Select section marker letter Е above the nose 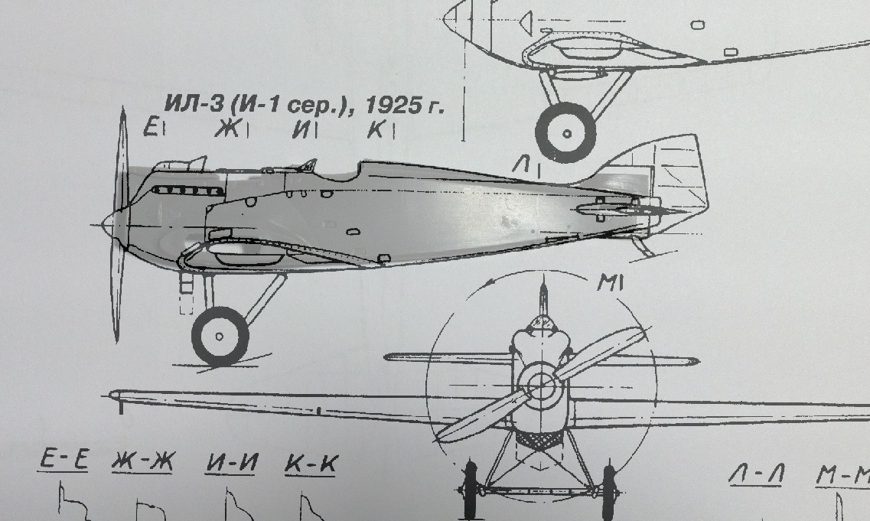click(152, 126)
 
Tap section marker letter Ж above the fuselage click(226, 129)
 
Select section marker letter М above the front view click(606, 284)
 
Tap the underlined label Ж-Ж click(143, 462)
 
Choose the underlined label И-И click(231, 463)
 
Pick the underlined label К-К click(310, 464)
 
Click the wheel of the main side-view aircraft click(220, 335)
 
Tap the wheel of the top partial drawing click(566, 132)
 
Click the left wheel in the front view click(469, 490)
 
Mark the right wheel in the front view click(608, 490)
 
